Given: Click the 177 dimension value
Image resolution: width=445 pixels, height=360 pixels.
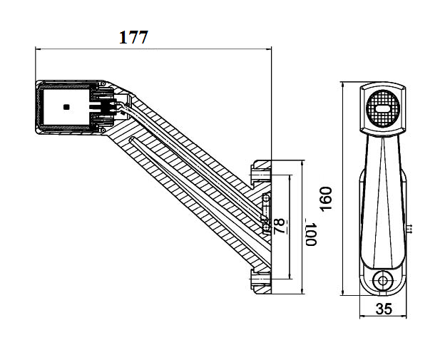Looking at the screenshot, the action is (133, 37).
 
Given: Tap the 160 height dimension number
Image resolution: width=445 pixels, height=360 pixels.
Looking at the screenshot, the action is (326, 199).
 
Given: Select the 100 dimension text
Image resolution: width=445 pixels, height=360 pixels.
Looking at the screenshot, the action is (310, 235).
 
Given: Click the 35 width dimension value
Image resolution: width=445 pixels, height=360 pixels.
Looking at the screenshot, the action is (384, 309).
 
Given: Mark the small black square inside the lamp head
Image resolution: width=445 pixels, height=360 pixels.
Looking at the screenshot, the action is (66, 107).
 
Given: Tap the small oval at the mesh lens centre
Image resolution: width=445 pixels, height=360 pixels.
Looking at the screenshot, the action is (382, 108).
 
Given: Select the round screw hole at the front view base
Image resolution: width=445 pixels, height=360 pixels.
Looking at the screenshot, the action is (382, 281).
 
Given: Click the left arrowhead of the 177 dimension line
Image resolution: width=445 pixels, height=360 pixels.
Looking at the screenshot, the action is (39, 49).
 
